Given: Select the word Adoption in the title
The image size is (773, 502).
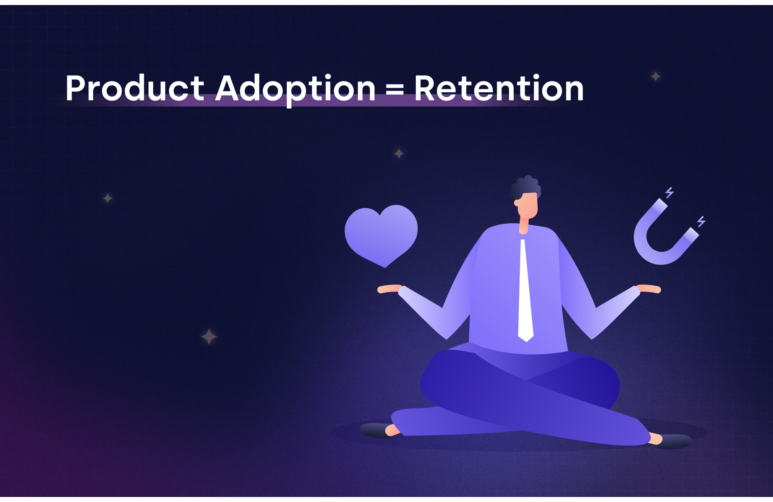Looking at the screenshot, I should (x=295, y=89).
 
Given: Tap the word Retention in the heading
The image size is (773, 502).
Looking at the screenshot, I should (x=499, y=89).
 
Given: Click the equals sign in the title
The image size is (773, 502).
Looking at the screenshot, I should (x=395, y=90).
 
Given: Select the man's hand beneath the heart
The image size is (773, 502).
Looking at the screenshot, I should (x=388, y=289).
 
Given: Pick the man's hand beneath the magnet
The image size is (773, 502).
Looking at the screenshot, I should (x=649, y=289).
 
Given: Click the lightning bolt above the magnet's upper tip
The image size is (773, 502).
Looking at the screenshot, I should (x=669, y=192).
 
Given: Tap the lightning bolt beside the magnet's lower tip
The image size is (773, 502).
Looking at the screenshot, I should (x=701, y=222).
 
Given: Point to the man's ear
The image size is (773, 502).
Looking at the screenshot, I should (x=517, y=203).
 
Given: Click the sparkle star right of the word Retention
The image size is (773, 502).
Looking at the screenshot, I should (x=656, y=76).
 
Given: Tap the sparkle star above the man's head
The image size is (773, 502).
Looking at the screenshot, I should (x=399, y=153).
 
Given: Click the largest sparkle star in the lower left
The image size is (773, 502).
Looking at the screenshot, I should (x=209, y=337).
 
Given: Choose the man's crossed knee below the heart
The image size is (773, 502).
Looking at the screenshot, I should (x=444, y=382).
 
